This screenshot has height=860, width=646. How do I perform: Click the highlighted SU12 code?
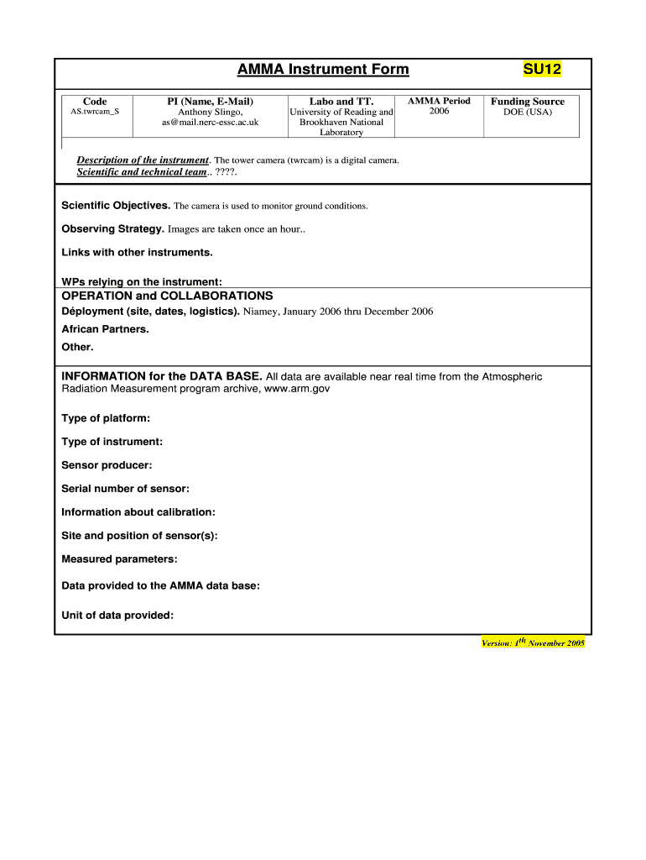click(542, 69)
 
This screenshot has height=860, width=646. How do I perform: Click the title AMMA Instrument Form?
click(323, 69)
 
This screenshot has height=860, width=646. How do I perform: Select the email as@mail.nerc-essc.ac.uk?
click(211, 123)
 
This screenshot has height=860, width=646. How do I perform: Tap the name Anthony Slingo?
click(211, 112)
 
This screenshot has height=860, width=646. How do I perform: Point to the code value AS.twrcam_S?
click(95, 111)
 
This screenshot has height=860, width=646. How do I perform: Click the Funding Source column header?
click(528, 102)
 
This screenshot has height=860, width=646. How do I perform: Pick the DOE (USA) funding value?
click(528, 112)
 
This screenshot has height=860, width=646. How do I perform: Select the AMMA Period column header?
click(439, 101)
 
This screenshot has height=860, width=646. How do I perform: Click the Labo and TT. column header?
click(341, 102)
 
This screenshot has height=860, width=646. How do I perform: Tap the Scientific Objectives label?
click(117, 206)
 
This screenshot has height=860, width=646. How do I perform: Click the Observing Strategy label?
click(113, 228)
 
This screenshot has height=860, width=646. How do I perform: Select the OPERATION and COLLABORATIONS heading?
click(168, 296)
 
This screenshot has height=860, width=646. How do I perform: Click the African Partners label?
click(106, 329)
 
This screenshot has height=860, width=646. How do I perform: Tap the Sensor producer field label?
click(107, 465)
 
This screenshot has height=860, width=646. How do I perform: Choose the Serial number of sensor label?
click(126, 489)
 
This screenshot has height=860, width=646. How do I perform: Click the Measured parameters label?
click(119, 559)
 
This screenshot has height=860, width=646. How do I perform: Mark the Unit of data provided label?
click(117, 616)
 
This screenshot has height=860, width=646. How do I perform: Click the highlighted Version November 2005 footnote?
click(533, 642)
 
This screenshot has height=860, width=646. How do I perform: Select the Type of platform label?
click(106, 418)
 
